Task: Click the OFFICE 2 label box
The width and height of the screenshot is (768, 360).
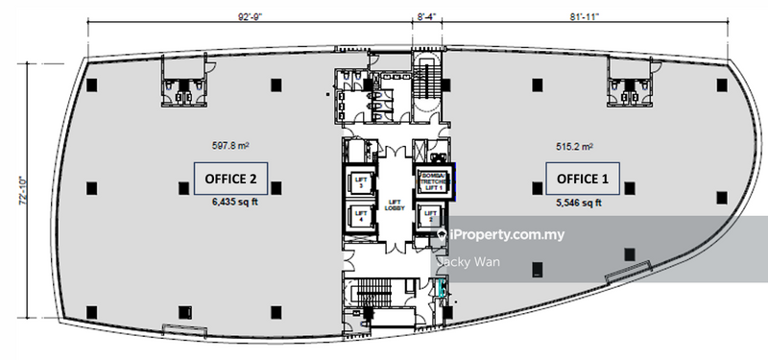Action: click(231, 179)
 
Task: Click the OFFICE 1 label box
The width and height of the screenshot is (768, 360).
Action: click(583, 179)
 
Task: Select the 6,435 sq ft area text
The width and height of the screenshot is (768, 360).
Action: click(231, 202)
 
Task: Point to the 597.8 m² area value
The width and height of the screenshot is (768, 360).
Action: click(229, 147)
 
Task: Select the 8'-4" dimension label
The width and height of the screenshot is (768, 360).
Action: click(427, 14)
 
